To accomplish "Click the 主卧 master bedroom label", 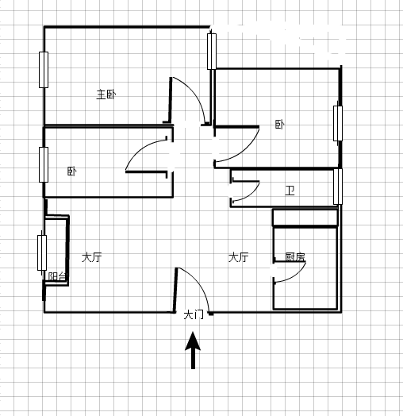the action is [x=106, y=94].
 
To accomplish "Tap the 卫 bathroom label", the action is [x=290, y=191].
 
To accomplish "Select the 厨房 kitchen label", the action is [x=295, y=256].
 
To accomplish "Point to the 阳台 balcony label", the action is [x=57, y=276].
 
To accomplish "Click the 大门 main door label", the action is [x=194, y=315].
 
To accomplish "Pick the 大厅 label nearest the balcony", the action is [x=92, y=257].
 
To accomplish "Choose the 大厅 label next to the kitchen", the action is [x=238, y=257].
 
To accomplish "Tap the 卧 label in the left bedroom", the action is [x=71, y=171].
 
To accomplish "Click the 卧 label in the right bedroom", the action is [x=279, y=125].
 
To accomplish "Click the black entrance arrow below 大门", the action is [x=193, y=350].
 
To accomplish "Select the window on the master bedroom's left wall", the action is [x=44, y=70].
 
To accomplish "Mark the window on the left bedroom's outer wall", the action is [x=44, y=165].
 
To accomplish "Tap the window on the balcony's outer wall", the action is [x=42, y=252].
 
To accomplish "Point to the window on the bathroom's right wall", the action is [x=338, y=187].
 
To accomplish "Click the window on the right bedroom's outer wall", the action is [x=338, y=123].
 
